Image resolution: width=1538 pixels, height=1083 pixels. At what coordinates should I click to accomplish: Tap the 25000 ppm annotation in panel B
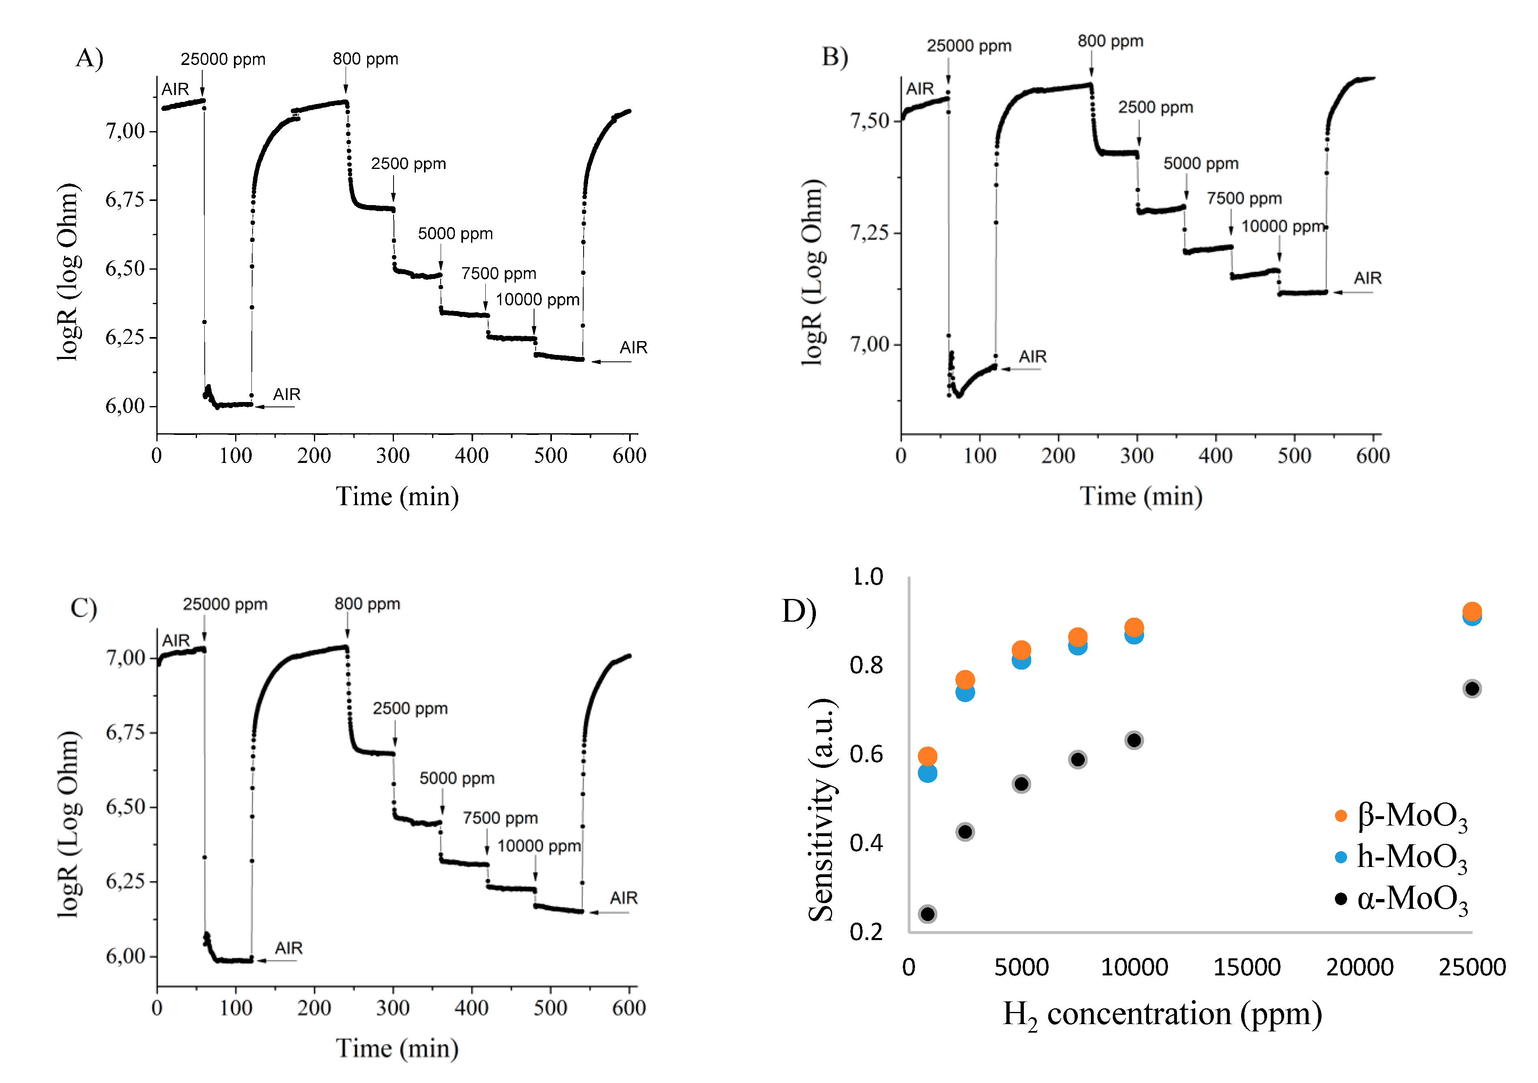pos(969,46)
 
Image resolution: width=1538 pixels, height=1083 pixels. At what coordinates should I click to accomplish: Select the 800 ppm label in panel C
pos(367,604)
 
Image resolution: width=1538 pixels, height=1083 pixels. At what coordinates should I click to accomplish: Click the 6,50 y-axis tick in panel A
pos(125,268)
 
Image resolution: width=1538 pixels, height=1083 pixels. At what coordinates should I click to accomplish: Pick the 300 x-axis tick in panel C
pos(393,1008)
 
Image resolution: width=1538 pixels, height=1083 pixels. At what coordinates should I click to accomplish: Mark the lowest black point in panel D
pos(927,914)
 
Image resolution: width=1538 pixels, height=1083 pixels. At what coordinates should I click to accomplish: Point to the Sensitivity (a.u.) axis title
pos(821,811)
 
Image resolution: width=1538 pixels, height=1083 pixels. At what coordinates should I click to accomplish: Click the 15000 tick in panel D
pos(1247,968)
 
